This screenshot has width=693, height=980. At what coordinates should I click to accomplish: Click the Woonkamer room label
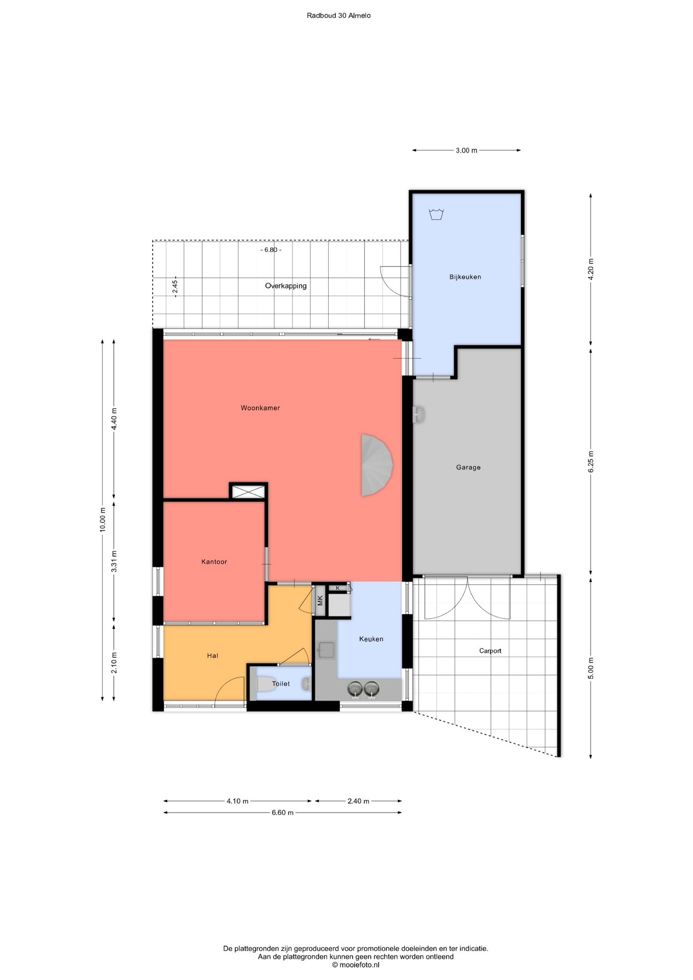(260, 408)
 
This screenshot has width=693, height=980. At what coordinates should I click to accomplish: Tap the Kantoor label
(214, 561)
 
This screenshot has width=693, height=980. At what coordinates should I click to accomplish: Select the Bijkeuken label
(465, 277)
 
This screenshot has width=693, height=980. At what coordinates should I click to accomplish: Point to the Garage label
(468, 467)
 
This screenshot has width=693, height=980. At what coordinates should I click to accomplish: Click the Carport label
(490, 651)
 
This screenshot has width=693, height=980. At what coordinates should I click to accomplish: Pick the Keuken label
(371, 639)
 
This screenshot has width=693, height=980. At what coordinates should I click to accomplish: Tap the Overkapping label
(286, 286)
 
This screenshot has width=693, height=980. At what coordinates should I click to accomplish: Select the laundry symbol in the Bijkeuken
(436, 214)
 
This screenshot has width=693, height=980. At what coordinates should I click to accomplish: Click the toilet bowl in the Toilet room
(265, 684)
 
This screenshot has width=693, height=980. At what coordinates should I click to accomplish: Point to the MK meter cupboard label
(320, 600)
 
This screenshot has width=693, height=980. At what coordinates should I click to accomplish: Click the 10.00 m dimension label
(103, 520)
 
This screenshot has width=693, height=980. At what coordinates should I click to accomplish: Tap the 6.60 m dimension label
(282, 813)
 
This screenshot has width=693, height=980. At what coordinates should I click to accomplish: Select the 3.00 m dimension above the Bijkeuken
(466, 151)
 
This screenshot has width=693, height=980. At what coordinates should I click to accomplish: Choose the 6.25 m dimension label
(591, 461)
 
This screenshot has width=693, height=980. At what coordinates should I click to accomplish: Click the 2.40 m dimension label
(358, 801)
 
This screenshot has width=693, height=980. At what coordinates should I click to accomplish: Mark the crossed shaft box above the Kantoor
(249, 492)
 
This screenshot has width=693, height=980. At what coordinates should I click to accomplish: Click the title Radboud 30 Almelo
(339, 15)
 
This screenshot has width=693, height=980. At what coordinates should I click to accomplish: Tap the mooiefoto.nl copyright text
(356, 965)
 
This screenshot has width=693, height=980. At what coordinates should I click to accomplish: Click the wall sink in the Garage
(418, 414)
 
